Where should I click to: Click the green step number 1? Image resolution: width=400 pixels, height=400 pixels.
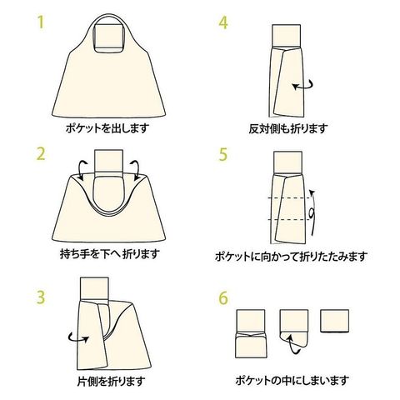(39, 21)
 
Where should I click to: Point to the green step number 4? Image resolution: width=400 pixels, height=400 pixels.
(222, 21)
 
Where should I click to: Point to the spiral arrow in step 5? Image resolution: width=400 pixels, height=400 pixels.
(311, 213)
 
